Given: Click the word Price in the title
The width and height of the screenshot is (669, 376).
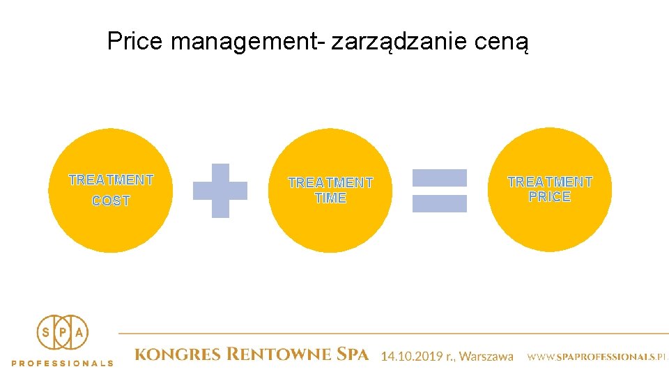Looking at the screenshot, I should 134,41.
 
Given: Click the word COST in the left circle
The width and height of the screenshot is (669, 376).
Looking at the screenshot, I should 111,201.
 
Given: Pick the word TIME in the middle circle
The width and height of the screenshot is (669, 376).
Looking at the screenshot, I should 330,198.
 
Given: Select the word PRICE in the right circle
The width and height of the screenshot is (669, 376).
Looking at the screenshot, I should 550,197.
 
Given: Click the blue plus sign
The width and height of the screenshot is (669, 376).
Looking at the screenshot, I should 220,190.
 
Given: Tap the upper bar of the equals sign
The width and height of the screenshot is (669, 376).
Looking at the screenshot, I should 440,178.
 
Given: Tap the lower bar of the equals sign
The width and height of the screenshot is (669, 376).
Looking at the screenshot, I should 440,203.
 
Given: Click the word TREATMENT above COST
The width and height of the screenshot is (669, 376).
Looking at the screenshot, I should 111,180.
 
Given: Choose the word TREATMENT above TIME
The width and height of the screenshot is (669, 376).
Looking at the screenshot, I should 330,182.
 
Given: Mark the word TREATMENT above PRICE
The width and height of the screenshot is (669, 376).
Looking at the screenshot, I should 550,182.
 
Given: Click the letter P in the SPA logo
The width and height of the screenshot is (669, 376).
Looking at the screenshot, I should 63,333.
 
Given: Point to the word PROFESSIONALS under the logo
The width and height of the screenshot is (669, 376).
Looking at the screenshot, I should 63,363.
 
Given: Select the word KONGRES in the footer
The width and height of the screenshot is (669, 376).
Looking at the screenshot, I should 177,355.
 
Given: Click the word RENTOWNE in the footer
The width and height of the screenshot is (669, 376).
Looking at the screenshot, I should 279,355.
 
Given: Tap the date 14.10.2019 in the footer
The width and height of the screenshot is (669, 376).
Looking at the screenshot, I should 410,357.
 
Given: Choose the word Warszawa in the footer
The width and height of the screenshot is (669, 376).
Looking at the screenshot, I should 486,357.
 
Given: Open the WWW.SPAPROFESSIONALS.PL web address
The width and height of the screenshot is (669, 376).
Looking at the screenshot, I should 597,357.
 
